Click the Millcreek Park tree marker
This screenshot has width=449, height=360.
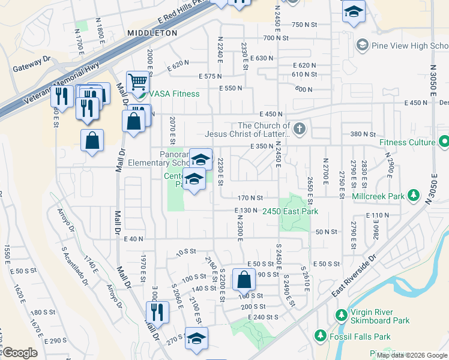point(413,195)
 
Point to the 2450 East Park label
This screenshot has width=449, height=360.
point(289,211)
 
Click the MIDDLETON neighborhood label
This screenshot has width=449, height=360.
point(152,32)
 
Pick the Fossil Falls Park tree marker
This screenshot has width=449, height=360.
point(319,335)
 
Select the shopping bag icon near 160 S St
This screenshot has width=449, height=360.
point(244,278)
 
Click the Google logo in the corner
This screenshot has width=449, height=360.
point(20,353)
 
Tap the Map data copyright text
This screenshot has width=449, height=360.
point(411,355)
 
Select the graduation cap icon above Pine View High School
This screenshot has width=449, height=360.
point(354,11)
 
